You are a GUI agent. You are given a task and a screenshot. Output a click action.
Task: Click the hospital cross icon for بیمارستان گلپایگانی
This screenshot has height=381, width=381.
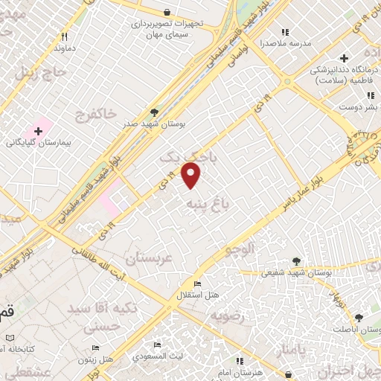[x=38, y=131]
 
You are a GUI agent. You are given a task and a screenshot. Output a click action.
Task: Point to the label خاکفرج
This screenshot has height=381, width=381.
[x=96, y=114]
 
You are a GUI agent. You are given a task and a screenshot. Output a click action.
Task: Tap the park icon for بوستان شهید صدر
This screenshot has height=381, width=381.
[x=154, y=112]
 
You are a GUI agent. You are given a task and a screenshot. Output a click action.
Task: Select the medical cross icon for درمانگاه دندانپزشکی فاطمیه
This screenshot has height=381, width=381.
[x=343, y=59]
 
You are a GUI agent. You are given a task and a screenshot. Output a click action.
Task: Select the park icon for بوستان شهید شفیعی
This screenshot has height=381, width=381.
[x=296, y=261]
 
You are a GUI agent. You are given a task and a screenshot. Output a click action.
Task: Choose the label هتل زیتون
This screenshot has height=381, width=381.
[x=99, y=359]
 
